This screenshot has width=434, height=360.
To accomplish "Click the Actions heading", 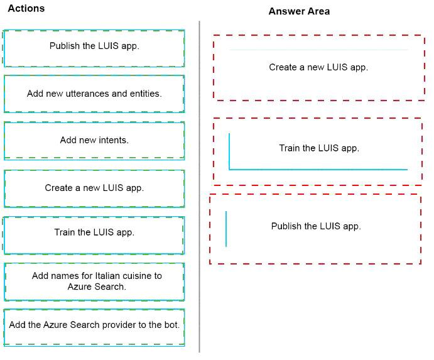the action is tap(26, 8).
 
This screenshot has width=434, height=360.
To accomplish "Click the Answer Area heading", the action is tap(299, 11).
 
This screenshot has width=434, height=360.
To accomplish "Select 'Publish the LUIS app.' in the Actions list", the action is tap(94, 48).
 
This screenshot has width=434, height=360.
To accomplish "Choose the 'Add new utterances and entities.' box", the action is tap(94, 94).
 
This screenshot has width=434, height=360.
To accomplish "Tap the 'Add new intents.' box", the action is tap(94, 141).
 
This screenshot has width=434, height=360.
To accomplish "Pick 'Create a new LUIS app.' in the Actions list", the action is tap(94, 188).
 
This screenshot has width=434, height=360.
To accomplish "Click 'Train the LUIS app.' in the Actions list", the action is tap(94, 236).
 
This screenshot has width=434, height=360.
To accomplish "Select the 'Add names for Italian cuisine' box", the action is tap(94, 282).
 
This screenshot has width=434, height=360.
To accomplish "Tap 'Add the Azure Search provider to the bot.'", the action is tap(94, 327).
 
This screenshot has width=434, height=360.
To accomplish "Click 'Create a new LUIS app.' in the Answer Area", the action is tap(318, 67).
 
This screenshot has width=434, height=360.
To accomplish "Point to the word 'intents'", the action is tap(114, 140).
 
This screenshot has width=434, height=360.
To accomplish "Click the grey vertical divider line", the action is tap(199, 187).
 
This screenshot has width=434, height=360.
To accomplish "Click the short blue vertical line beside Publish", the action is tap(226, 229).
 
